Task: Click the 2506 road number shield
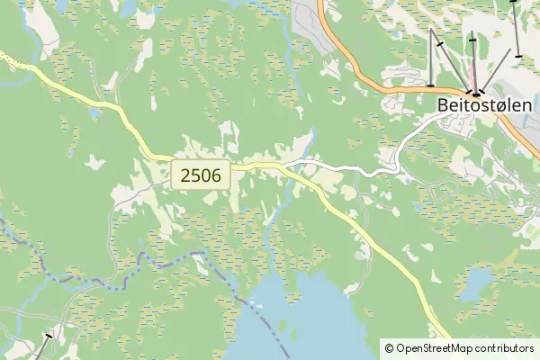(x=201, y=175)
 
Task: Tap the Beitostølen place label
(x=484, y=105)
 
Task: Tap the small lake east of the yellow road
(x=474, y=286)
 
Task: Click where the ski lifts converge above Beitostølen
(x=474, y=93)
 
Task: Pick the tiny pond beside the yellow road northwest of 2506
(x=94, y=114)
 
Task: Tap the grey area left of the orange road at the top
(x=310, y=22)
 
